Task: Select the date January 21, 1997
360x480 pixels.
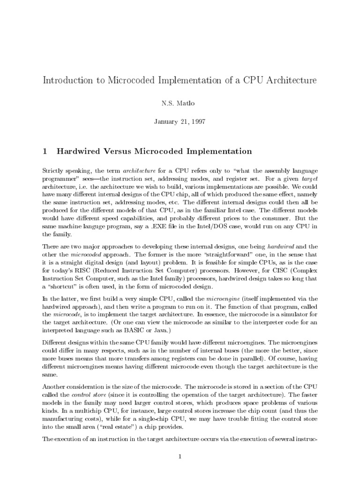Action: click(180, 122)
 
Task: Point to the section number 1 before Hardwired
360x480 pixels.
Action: click(45, 151)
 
